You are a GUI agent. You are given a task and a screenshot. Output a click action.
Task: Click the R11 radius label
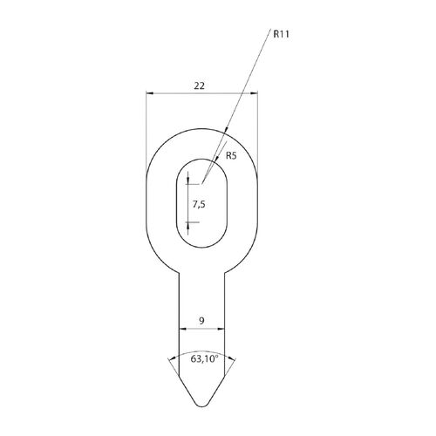point(281,34)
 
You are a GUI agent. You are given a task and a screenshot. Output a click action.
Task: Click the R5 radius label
point(231,156)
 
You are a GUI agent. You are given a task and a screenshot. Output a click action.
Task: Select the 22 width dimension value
point(199,85)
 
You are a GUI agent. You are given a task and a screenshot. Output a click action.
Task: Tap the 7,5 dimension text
point(199,205)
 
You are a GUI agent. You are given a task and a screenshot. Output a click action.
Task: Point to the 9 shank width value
point(201,321)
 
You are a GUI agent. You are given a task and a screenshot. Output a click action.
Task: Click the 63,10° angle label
point(204,358)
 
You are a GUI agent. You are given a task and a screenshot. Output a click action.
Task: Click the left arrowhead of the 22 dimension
point(149,93)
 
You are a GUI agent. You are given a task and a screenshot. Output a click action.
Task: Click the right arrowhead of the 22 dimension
point(254,93)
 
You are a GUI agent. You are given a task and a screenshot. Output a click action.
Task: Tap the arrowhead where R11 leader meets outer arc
point(226,131)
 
